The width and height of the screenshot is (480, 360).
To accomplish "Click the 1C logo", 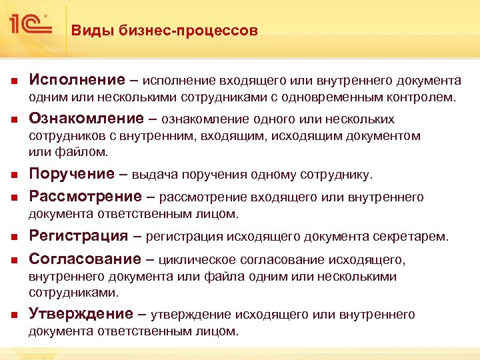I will pos(29,25).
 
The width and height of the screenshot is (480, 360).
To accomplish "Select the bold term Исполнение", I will pos(77,80).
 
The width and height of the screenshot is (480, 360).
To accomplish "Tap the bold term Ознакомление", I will pos(87,119).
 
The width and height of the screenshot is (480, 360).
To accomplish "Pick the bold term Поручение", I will pos(72,174).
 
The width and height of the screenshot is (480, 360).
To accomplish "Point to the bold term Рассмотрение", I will pos(85,196).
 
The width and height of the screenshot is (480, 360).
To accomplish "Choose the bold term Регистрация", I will pos(79,235).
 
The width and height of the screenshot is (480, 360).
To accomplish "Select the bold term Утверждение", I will pos(81,314).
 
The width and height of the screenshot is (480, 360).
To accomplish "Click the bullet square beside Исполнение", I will pos(13,81).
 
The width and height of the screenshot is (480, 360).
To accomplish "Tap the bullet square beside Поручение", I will pos(13,175).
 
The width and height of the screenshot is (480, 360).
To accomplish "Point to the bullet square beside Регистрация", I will pos(13,237).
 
